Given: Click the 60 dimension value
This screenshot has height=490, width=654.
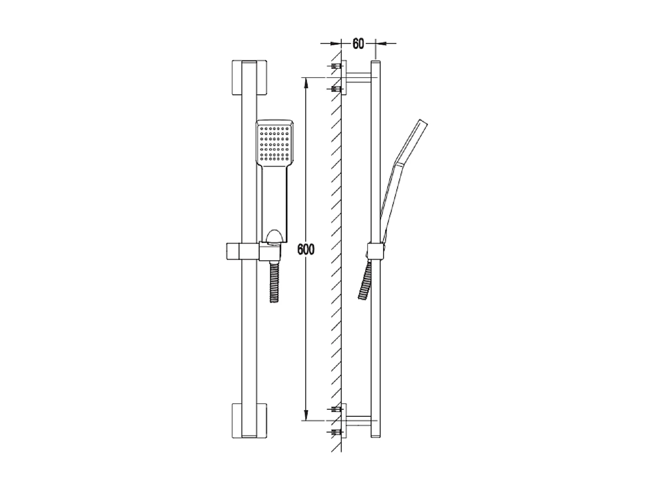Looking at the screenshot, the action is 358,43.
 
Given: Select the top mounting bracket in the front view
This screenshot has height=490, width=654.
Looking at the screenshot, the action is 249,78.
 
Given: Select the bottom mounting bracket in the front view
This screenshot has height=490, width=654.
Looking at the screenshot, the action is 249,421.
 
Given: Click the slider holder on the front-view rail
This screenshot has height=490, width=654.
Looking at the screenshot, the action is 254,251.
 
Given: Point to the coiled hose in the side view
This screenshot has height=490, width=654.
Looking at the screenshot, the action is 365,280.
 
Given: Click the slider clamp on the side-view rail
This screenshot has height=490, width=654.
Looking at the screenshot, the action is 375,251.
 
